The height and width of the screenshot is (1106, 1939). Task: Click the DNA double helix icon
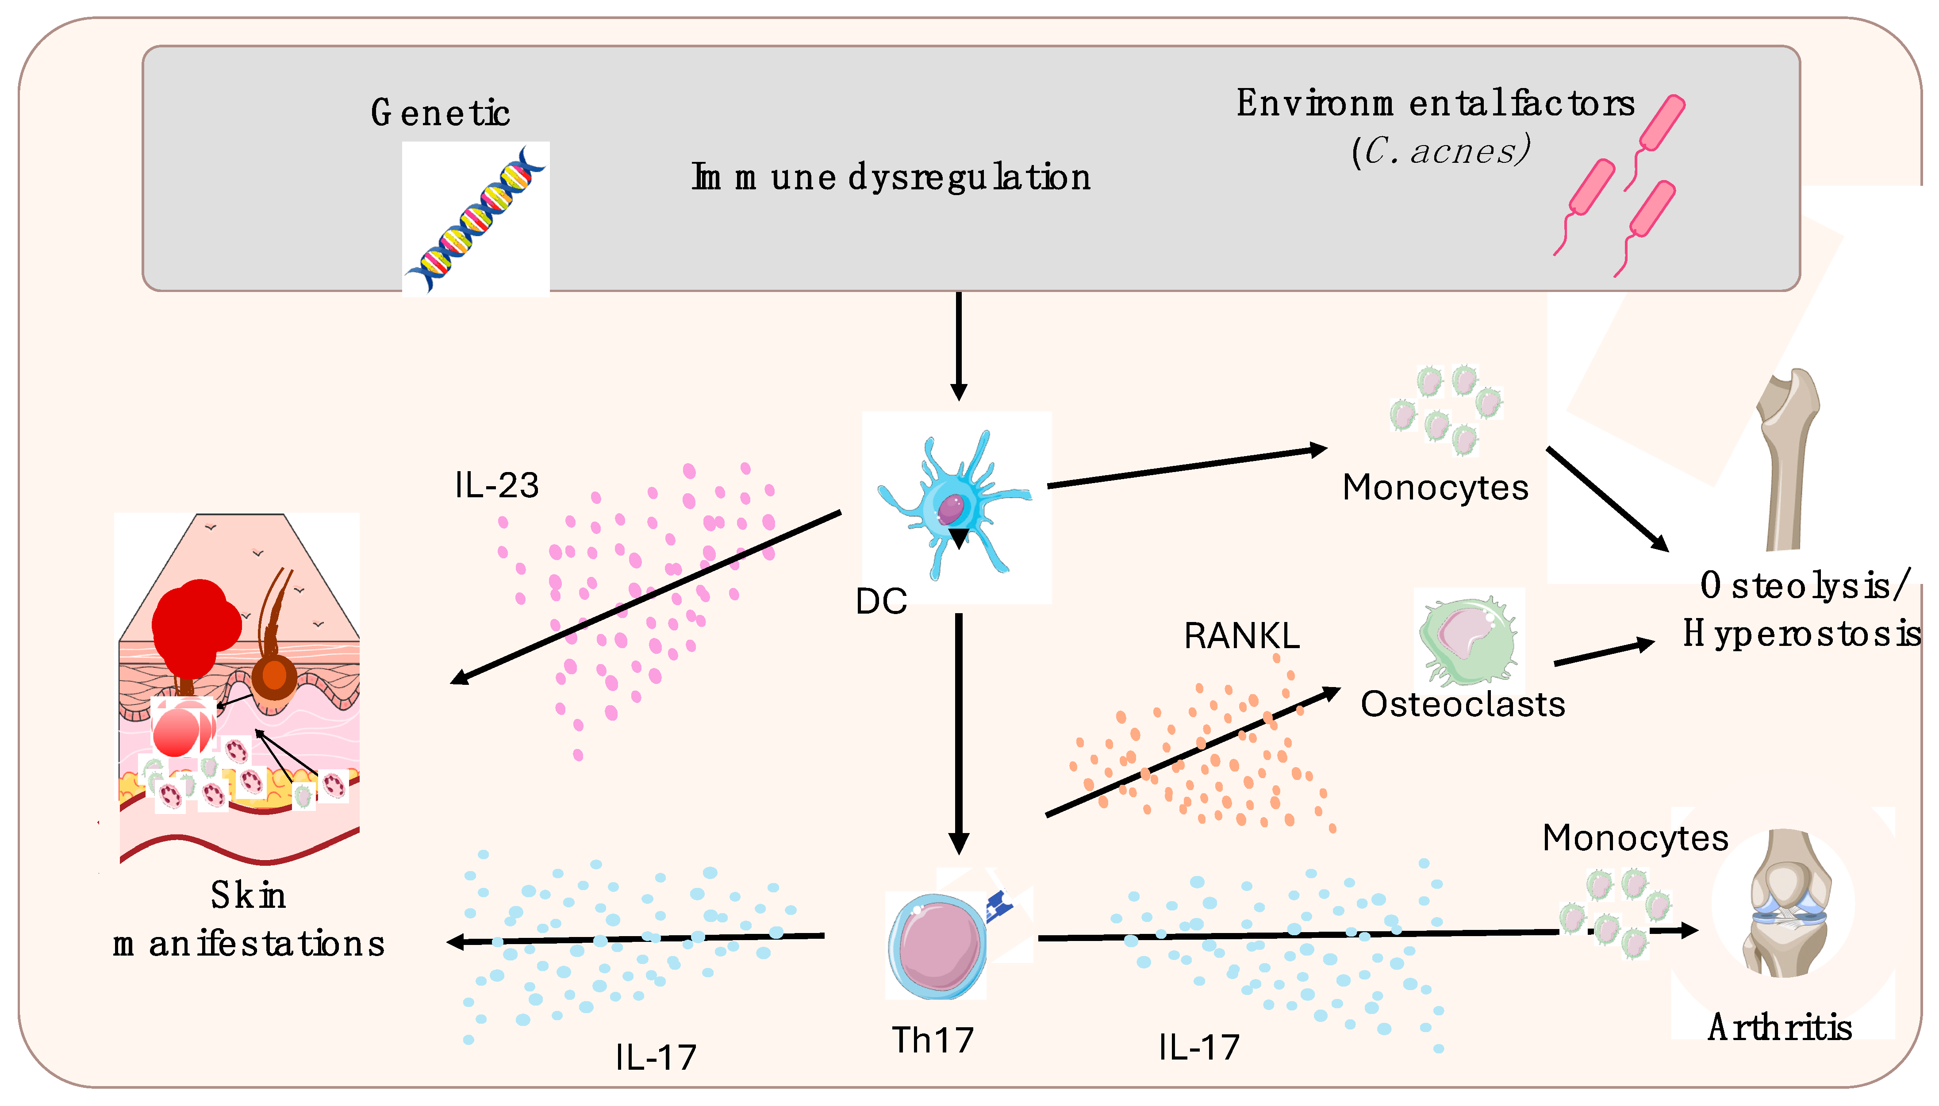(476, 219)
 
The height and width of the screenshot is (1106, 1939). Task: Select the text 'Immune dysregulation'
(890, 177)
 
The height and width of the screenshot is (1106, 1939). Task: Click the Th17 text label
(932, 1040)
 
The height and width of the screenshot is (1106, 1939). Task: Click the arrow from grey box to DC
(959, 346)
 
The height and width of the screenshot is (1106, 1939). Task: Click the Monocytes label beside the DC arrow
(1435, 488)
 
